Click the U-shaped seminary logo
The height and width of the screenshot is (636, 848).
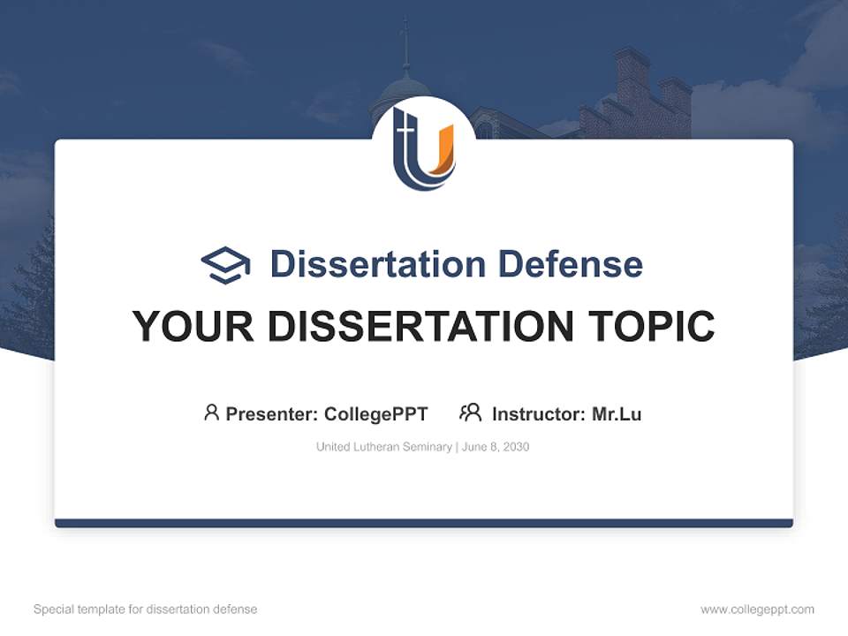[424, 148]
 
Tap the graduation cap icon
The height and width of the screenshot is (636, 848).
[225, 265]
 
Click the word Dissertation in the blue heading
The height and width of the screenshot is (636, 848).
[377, 264]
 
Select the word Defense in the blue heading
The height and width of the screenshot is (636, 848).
[570, 264]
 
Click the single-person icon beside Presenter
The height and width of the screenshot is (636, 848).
[211, 413]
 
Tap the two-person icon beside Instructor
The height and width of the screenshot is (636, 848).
[470, 413]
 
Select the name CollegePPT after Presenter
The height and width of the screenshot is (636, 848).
[376, 413]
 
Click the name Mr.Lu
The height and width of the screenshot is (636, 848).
[617, 413]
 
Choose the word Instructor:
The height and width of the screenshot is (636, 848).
[539, 413]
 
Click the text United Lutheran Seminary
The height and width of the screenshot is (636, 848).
[383, 447]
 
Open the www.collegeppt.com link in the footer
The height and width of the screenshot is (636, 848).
[757, 609]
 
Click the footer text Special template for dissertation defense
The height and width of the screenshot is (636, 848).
[146, 609]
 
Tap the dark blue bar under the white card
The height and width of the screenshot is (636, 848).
[424, 523]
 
